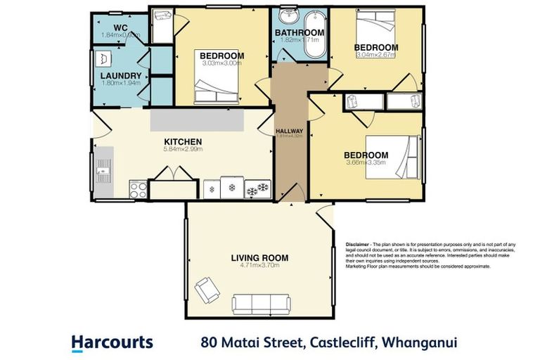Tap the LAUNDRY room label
[x=120, y=76]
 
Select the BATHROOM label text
[x=299, y=33]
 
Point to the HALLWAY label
[x=289, y=131]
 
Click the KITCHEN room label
[x=183, y=141]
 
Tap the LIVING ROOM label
[x=259, y=258]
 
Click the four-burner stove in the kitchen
[x=138, y=189]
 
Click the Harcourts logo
[x=112, y=342]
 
